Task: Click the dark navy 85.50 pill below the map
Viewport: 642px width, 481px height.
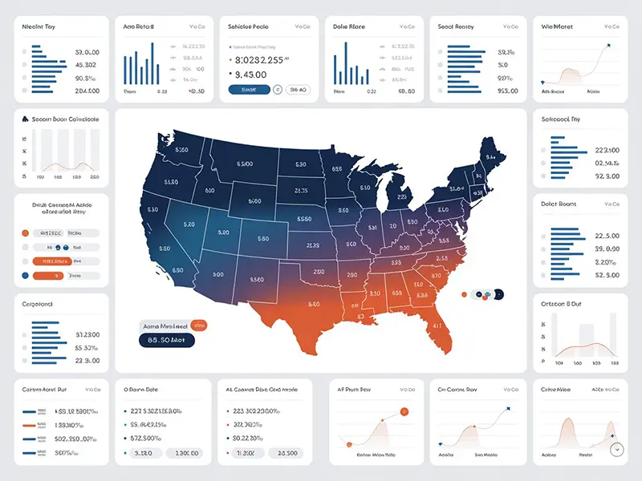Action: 166,341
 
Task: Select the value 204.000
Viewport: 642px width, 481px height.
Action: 87,91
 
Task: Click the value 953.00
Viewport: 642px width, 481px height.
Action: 507,91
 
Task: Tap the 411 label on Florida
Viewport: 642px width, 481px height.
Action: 438,326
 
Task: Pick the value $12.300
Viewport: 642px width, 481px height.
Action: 87,333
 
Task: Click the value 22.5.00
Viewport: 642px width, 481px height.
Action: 607,236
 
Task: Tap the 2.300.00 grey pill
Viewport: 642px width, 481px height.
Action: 184,453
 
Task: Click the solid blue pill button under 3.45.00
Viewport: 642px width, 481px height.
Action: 250,90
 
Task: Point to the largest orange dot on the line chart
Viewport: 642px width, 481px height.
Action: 404,411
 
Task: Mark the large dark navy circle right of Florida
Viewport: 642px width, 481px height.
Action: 498,294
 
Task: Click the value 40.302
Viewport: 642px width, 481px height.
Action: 86,64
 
